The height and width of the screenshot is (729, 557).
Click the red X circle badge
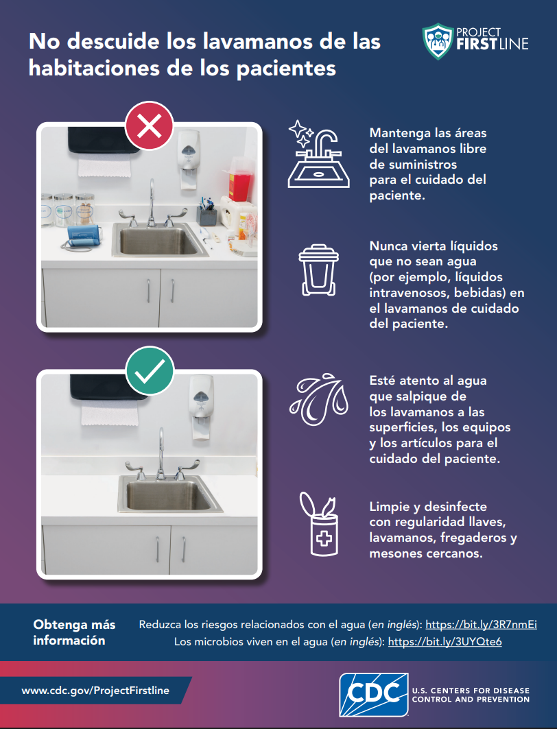point(150,125)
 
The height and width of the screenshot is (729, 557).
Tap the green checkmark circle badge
point(150,370)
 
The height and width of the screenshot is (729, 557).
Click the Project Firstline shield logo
point(438,41)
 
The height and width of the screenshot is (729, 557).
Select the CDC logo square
point(374,694)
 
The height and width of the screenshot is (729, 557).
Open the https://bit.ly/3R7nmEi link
point(482,624)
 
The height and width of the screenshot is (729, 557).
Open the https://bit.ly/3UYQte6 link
point(445,642)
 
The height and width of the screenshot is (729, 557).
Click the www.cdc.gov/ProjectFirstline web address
point(95,691)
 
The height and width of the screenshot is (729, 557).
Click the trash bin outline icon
point(318,270)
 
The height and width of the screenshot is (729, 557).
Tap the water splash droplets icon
point(319,399)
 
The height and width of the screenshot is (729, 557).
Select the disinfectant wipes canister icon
point(319,523)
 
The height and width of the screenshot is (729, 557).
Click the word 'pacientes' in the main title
point(286,69)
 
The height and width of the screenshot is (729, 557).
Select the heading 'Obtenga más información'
point(74,632)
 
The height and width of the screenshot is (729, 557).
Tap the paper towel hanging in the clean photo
point(110,414)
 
